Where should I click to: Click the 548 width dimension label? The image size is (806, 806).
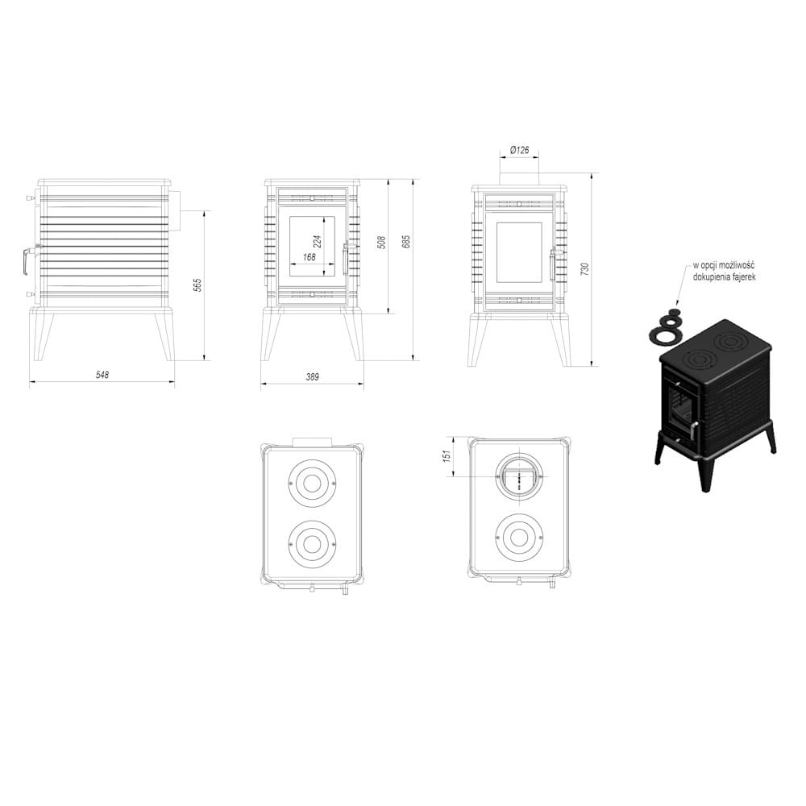[102, 375]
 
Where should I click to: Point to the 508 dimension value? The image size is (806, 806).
[382, 241]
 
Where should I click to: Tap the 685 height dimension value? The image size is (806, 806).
[406, 241]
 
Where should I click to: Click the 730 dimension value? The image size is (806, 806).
[585, 268]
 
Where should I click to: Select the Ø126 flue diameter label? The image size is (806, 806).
[519, 150]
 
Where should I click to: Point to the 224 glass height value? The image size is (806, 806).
[317, 240]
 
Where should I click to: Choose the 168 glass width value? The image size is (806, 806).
[309, 257]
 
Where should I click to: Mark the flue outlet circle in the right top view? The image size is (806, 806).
[519, 478]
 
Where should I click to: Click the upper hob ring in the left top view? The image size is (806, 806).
[311, 483]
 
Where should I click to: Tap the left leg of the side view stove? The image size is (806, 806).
[42, 334]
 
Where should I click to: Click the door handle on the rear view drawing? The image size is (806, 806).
[553, 264]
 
